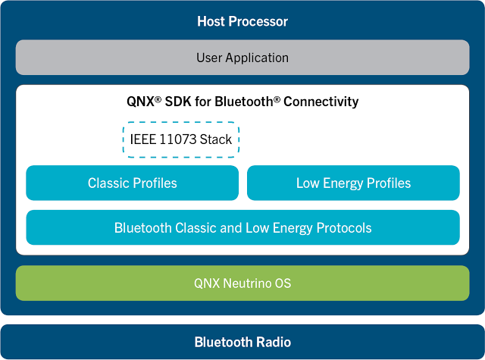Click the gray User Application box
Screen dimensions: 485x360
[242, 57]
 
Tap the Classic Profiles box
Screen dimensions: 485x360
[132, 183]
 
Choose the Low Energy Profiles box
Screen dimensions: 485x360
[353, 183]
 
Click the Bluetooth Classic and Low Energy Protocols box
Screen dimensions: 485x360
[242, 227]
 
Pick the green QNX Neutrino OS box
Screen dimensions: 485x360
[242, 283]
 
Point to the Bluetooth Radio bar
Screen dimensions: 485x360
[242, 342]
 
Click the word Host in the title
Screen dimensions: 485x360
[211, 21]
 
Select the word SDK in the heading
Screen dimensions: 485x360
[178, 102]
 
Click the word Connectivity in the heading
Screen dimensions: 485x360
[321, 102]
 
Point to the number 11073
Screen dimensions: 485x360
[178, 139]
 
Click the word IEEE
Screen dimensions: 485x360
[143, 139]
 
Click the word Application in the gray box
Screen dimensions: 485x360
[257, 58]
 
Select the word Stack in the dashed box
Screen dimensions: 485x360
[216, 139]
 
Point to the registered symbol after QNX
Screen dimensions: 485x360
[158, 99]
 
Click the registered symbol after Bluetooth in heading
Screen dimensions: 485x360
[277, 99]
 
